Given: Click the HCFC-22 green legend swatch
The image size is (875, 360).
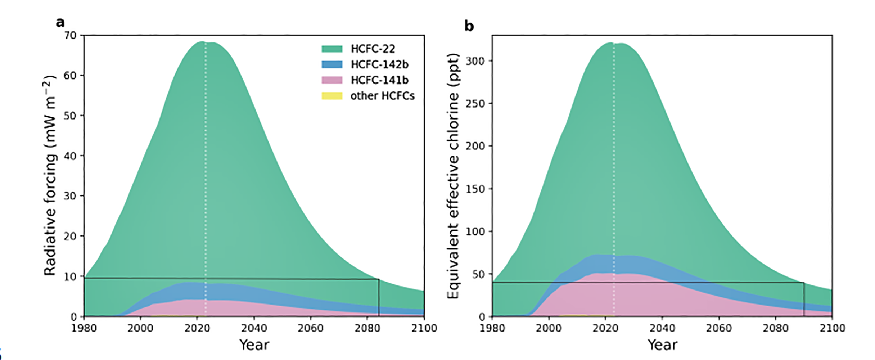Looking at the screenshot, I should (331, 49).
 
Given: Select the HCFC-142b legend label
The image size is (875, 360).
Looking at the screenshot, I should (380, 64).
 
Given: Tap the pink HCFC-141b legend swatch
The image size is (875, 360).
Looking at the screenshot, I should (331, 80).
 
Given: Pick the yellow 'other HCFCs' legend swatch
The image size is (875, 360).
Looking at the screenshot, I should (331, 96).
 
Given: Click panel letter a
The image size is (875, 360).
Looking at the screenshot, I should (60, 23).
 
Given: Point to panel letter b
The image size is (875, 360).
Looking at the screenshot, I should (469, 26).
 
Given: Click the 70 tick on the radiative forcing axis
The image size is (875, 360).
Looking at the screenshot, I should (71, 35).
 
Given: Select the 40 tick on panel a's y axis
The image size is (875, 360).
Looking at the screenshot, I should (71, 156).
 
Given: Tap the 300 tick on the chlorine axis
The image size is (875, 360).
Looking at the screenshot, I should (475, 61).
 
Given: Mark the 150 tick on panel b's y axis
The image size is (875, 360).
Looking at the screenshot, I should (475, 189).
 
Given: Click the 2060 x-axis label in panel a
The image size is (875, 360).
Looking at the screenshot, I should (311, 328).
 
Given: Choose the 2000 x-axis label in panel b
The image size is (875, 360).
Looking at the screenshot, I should (549, 328).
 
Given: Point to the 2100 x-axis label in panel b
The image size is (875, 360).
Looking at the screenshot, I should (832, 328).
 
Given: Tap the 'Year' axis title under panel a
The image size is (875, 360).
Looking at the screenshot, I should (254, 345).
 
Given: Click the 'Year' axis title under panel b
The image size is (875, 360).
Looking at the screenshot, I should (662, 345).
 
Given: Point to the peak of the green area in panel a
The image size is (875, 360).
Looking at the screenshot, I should (202, 42).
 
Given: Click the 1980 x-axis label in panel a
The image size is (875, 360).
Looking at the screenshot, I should (84, 328).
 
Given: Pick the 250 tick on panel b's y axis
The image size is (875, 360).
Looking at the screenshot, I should (475, 104).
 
